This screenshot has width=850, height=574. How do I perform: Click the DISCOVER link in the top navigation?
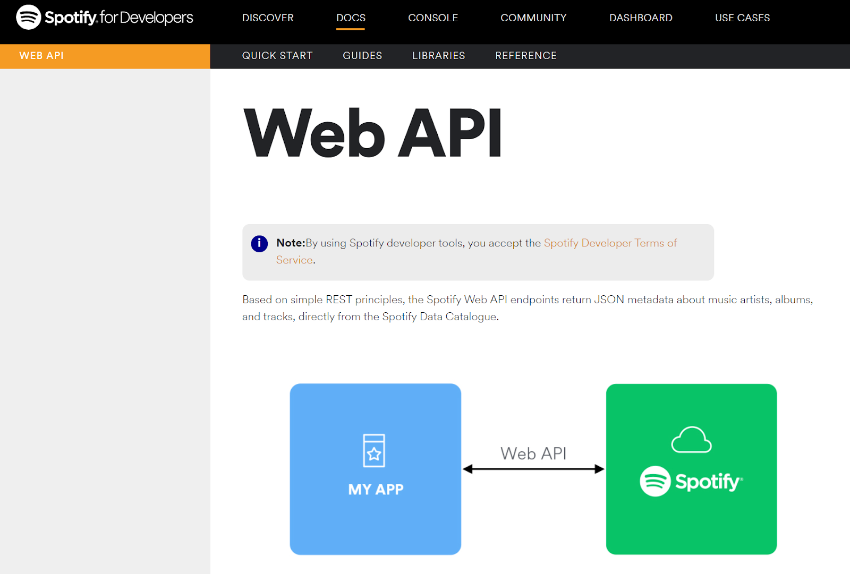(268, 18)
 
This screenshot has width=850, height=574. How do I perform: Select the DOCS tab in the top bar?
(351, 18)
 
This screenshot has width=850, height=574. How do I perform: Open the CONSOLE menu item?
(433, 18)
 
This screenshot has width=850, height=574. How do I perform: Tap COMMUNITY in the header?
(533, 18)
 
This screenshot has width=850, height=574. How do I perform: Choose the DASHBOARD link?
(641, 18)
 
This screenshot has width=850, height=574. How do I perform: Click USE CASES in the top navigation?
(742, 18)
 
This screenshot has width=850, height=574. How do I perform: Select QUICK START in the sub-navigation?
(277, 56)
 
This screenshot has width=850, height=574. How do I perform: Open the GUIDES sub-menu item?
(362, 56)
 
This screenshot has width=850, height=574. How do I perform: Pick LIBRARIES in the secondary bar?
(439, 56)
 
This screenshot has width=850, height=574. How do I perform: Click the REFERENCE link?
(526, 56)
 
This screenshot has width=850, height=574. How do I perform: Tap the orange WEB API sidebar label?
(41, 56)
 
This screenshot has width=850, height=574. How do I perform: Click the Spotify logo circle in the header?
(29, 17)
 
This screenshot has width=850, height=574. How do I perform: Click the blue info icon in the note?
(259, 244)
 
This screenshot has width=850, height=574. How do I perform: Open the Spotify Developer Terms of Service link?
(610, 243)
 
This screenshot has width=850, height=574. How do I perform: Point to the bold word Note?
(291, 243)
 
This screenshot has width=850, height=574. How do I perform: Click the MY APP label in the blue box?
(376, 489)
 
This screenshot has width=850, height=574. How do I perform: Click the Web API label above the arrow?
(533, 453)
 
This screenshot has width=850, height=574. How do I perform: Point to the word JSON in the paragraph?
(609, 299)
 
